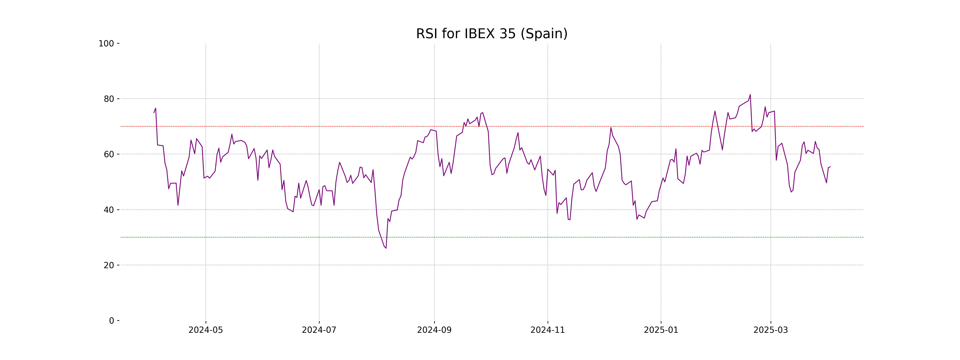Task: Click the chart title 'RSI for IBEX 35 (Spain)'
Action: [x=492, y=34]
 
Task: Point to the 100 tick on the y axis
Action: [x=106, y=44]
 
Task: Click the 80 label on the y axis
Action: [x=109, y=99]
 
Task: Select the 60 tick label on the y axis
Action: [x=109, y=154]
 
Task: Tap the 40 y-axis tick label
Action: [x=109, y=210]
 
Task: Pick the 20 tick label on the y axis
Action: [x=109, y=265]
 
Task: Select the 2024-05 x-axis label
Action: [x=206, y=330]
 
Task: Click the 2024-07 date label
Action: [x=319, y=330]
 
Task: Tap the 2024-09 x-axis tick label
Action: [x=434, y=330]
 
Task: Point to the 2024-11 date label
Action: [x=547, y=330]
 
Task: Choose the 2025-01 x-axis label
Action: [x=661, y=330]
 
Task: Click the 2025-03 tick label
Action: [x=771, y=330]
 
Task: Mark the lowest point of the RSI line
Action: [x=386, y=248]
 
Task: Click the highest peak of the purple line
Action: [x=750, y=95]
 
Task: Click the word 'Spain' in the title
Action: [x=544, y=34]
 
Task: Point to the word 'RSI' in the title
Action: [x=427, y=34]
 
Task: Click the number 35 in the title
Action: [x=508, y=34]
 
